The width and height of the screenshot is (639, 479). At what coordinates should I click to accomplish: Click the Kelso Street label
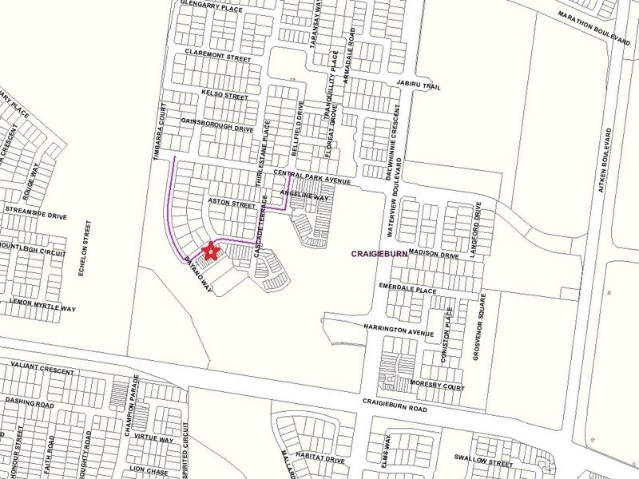click(x=225, y=94)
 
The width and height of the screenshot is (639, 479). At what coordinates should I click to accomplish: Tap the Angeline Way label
click(x=305, y=195)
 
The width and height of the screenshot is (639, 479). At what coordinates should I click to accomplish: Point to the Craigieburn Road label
click(x=395, y=407)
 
